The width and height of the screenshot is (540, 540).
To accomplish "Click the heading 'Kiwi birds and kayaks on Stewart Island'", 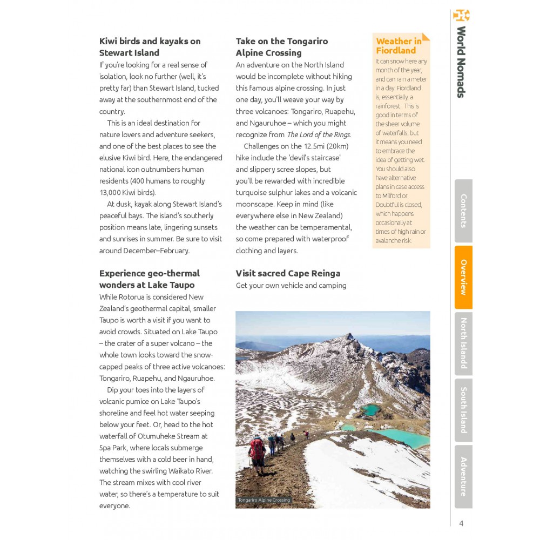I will pos(150,47).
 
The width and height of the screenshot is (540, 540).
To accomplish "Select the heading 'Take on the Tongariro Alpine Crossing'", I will pos(281,47).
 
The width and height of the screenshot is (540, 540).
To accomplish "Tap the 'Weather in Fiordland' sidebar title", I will pos(399,46).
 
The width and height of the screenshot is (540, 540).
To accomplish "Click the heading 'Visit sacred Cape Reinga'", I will pos(288,273).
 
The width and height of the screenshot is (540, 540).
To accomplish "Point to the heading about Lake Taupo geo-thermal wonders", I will pos(149,279).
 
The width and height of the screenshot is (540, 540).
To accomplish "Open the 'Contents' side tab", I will pos(463,211).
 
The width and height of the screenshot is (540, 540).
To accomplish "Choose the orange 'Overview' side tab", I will pos(463,277).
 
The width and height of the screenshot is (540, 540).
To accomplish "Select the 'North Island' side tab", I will pos(463,343).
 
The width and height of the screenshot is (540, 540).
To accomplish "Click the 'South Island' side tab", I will pos(463,410).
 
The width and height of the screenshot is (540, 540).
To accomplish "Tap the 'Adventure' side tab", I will pos(463,476).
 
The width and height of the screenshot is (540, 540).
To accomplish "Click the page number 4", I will pos(461,523).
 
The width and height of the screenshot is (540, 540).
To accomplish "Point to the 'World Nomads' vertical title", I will pos(461,62).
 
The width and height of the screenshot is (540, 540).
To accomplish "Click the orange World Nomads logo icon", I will pos(461,15).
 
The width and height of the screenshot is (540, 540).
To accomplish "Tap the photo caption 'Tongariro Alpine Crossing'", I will pos(264,500).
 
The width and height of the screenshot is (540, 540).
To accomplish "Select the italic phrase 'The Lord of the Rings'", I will pos(319,134).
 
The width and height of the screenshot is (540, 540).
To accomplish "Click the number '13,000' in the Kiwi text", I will pos(112,192).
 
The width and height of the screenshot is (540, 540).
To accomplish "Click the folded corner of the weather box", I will pos(426,37).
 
